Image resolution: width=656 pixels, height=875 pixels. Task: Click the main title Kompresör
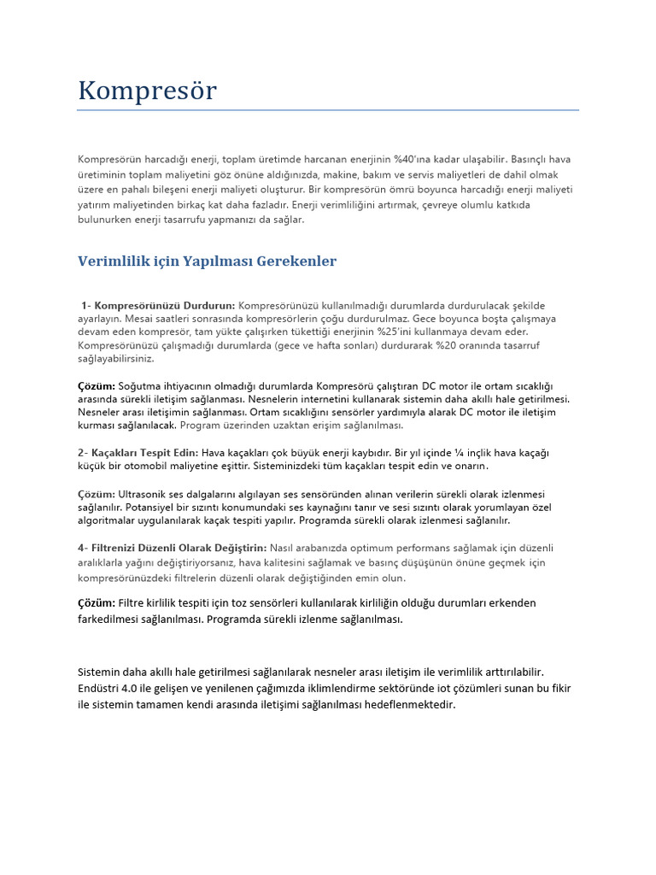click(x=147, y=90)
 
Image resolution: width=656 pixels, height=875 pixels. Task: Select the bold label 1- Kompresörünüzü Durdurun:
click(x=158, y=305)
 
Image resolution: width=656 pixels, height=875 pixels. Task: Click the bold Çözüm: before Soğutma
click(x=97, y=385)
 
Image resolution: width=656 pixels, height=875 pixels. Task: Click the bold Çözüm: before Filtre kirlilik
click(x=97, y=603)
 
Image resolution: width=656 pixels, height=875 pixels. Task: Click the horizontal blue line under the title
click(x=328, y=110)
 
